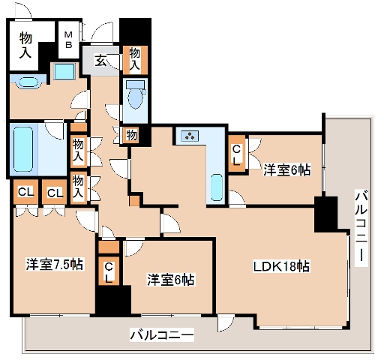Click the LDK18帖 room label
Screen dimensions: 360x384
[x=282, y=266]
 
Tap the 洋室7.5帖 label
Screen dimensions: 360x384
[x=55, y=264]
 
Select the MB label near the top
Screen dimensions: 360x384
[x=67, y=39]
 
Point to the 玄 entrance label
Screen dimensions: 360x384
[x=101, y=61]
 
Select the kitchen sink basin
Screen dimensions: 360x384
[x=217, y=184]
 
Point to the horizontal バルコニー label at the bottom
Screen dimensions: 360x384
[x=161, y=334]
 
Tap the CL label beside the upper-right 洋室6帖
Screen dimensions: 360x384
[x=237, y=154]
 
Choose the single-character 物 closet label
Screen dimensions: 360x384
[x=131, y=135]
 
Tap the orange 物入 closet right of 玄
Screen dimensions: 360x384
[x=135, y=58]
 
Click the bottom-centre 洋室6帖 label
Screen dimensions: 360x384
[x=170, y=280]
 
